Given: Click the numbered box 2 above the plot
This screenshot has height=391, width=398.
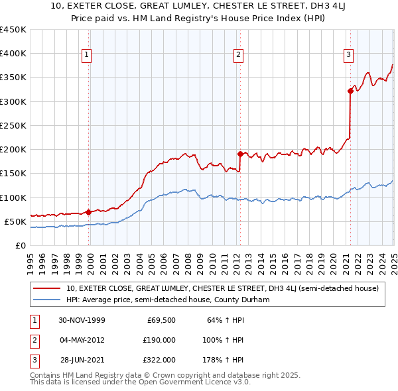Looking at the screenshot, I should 239,55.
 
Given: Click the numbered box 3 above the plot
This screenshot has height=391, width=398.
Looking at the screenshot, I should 349,55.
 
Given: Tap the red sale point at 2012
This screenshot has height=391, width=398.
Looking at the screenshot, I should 239,154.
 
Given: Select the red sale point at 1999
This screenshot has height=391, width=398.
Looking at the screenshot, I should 89,212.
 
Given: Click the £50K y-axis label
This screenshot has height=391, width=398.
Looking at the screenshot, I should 15,221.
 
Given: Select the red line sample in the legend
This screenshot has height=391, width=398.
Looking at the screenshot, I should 47,288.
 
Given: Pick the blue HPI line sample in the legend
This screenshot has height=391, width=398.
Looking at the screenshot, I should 47,300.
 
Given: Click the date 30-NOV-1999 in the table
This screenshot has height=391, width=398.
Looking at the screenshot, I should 82,320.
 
